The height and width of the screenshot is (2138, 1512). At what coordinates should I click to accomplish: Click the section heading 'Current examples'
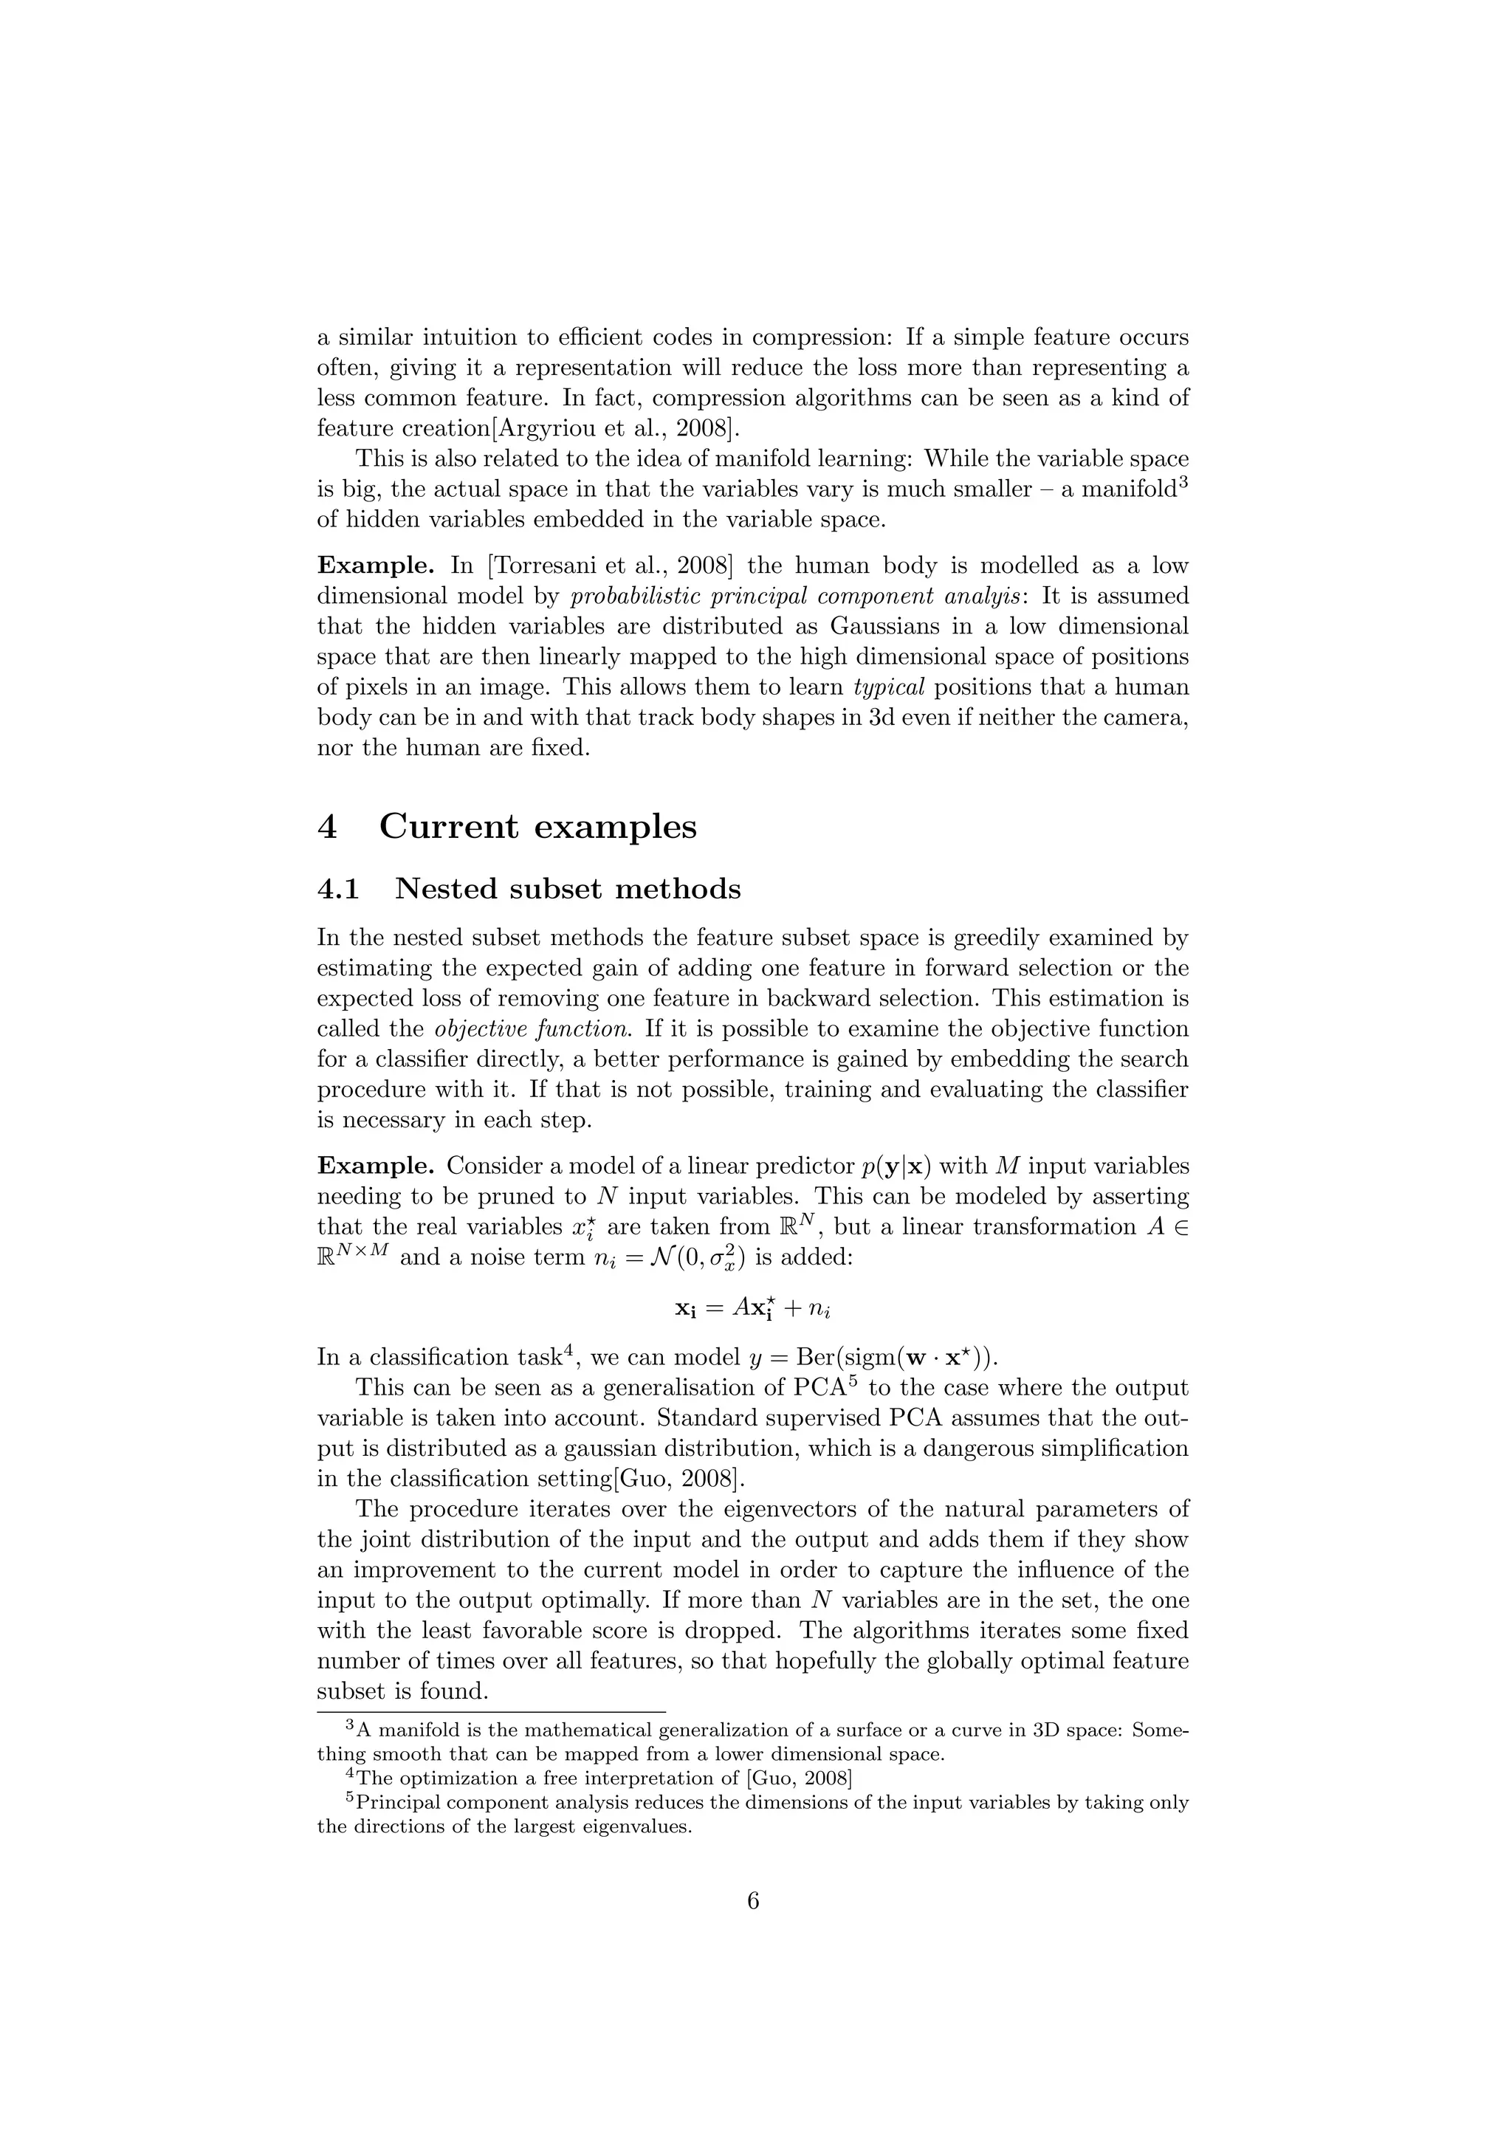click(537, 827)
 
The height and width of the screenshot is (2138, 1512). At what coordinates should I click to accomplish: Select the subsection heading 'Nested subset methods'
click(568, 890)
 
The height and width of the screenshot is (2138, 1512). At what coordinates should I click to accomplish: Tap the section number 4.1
click(338, 890)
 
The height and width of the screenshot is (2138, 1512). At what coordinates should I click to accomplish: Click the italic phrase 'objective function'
click(532, 1029)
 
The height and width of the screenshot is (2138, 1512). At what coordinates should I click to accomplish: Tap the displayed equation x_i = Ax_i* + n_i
click(752, 1308)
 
